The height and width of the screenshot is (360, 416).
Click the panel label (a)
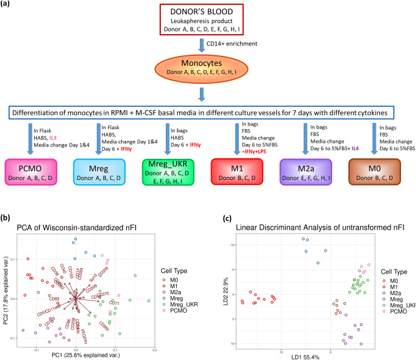(x=7, y=5)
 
